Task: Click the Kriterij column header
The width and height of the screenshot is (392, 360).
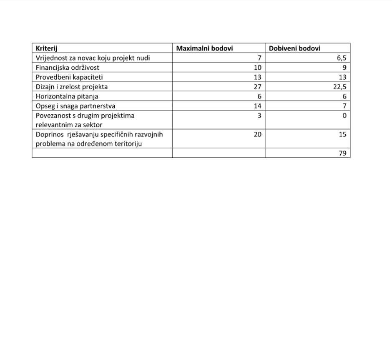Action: coord(46,48)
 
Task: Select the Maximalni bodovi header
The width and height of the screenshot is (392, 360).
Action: coord(204,48)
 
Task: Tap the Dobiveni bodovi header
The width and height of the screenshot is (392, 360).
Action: coord(294,48)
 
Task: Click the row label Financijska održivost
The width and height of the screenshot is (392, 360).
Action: coord(68,68)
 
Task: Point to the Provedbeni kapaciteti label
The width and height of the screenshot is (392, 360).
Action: coord(69,77)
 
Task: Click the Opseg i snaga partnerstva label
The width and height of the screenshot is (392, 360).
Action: coord(75,106)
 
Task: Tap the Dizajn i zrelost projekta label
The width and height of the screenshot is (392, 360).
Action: coord(72,87)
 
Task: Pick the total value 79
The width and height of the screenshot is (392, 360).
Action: coord(342,154)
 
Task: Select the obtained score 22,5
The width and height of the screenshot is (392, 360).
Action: coord(340,87)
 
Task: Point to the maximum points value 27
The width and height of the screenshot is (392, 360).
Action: coord(257,87)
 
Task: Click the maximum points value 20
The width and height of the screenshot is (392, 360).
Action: coord(257,135)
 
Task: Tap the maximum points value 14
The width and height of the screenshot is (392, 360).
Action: coord(257,106)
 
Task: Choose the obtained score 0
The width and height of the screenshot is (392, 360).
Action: coord(344,116)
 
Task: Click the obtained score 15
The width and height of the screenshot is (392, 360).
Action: coord(342,135)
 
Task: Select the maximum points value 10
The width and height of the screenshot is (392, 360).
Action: coord(257,68)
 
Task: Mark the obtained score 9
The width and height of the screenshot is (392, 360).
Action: coord(344,68)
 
